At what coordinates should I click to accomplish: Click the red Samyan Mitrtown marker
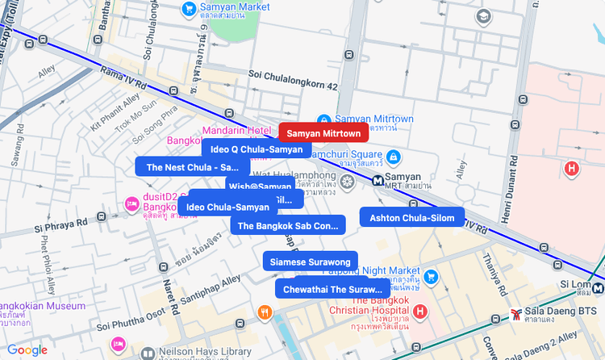pyautogui.click(x=323, y=132)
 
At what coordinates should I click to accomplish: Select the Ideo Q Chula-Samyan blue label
pyautogui.click(x=256, y=149)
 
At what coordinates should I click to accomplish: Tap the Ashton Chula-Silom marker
pyautogui.click(x=411, y=218)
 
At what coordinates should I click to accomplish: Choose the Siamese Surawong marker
pyautogui.click(x=310, y=262)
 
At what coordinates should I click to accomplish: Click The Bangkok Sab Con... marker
pyautogui.click(x=287, y=226)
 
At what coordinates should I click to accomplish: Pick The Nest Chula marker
pyautogui.click(x=192, y=168)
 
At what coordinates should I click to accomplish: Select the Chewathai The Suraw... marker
pyautogui.click(x=332, y=289)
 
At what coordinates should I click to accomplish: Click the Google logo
pyautogui.click(x=27, y=350)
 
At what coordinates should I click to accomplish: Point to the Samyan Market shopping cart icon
pyautogui.click(x=189, y=9)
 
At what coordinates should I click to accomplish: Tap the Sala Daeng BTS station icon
pyautogui.click(x=515, y=314)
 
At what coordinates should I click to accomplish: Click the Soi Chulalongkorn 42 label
pyautogui.click(x=293, y=74)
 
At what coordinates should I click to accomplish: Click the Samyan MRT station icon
pyautogui.click(x=378, y=179)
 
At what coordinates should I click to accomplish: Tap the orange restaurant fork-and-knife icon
pyautogui.click(x=263, y=312)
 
